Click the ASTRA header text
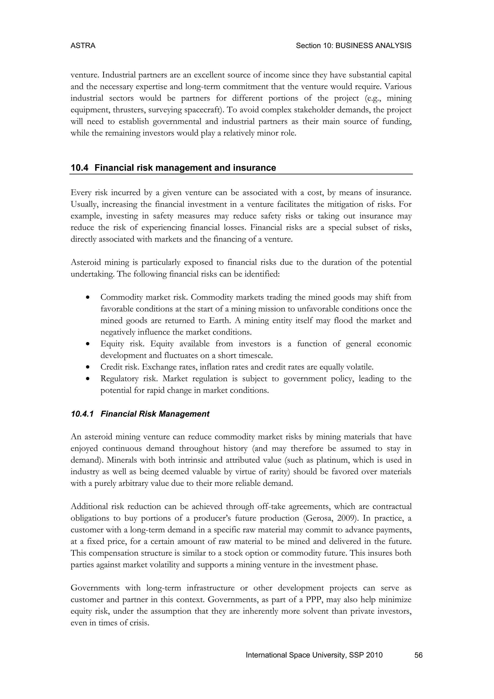point(83,46)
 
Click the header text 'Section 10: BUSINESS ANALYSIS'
point(353,46)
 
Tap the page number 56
point(418,655)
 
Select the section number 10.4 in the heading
point(79,168)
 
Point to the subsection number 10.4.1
point(82,414)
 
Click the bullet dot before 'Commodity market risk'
point(88,297)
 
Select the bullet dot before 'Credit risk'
point(88,367)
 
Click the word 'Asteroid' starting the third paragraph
point(85,262)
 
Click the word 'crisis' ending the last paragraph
point(139,623)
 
